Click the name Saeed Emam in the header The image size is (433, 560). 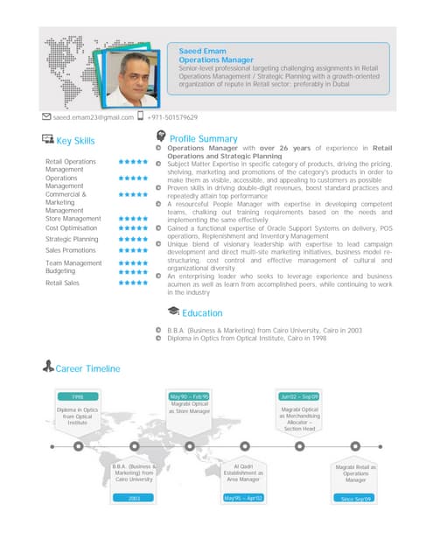[x=196, y=50]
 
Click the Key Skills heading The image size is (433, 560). [x=75, y=141]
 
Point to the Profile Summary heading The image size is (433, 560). [x=203, y=139]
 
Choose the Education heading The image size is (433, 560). [x=202, y=312]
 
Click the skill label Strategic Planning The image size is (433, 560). [x=71, y=239]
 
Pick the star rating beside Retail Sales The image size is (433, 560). [x=132, y=283]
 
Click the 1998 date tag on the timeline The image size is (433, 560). [x=77, y=397]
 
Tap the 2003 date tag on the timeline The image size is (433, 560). [x=135, y=498]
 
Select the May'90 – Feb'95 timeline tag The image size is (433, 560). [x=191, y=397]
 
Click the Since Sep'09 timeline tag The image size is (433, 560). [x=356, y=499]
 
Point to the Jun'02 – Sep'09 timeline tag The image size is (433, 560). [x=299, y=397]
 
